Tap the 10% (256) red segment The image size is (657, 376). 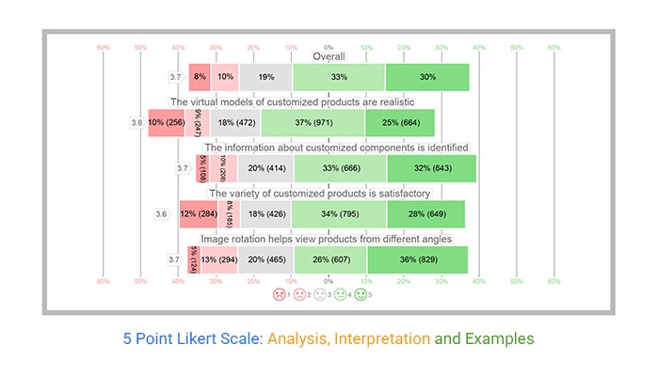[166, 122]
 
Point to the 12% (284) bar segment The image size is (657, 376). [198, 213]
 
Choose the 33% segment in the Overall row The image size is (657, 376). [339, 76]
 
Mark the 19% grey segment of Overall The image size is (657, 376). [265, 76]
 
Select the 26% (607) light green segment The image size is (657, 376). [330, 259]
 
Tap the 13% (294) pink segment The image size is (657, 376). [218, 259]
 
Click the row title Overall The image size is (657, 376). [328, 56]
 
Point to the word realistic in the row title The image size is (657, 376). [388, 102]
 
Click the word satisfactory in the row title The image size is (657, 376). [395, 194]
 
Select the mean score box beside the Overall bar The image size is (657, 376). [175, 77]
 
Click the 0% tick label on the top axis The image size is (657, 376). [328, 47]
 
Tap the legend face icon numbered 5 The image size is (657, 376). [361, 294]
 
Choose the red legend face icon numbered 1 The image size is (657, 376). [279, 294]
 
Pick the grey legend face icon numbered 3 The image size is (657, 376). [320, 294]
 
